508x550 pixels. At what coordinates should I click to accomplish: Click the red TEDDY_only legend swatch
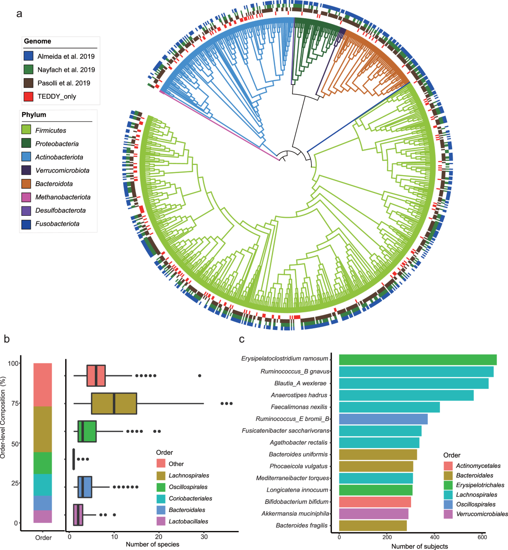28,96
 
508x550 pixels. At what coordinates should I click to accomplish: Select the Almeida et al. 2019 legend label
66,56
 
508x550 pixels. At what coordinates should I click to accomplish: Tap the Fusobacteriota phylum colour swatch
26,224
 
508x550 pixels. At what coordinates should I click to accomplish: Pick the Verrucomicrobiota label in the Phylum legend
62,170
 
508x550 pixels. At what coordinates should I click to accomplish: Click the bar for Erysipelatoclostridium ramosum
417,360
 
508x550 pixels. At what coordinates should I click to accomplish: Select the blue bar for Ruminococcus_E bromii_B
383,419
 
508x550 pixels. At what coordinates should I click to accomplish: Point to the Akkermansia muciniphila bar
373,514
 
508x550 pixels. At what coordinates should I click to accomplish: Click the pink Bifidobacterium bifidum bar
375,502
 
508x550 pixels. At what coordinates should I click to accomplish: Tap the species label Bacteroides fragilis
301,525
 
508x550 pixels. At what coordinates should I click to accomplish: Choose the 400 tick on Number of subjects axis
435,537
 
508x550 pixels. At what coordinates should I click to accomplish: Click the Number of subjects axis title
419,546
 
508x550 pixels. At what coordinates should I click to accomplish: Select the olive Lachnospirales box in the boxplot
114,404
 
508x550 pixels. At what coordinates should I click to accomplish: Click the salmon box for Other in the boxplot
96,375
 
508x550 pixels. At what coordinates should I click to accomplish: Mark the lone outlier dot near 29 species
200,376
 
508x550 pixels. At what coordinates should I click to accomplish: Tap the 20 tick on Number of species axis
159,537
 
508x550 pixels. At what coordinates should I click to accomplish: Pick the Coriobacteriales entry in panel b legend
190,498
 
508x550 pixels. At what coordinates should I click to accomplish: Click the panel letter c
242,339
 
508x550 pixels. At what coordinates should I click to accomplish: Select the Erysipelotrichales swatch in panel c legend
448,485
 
